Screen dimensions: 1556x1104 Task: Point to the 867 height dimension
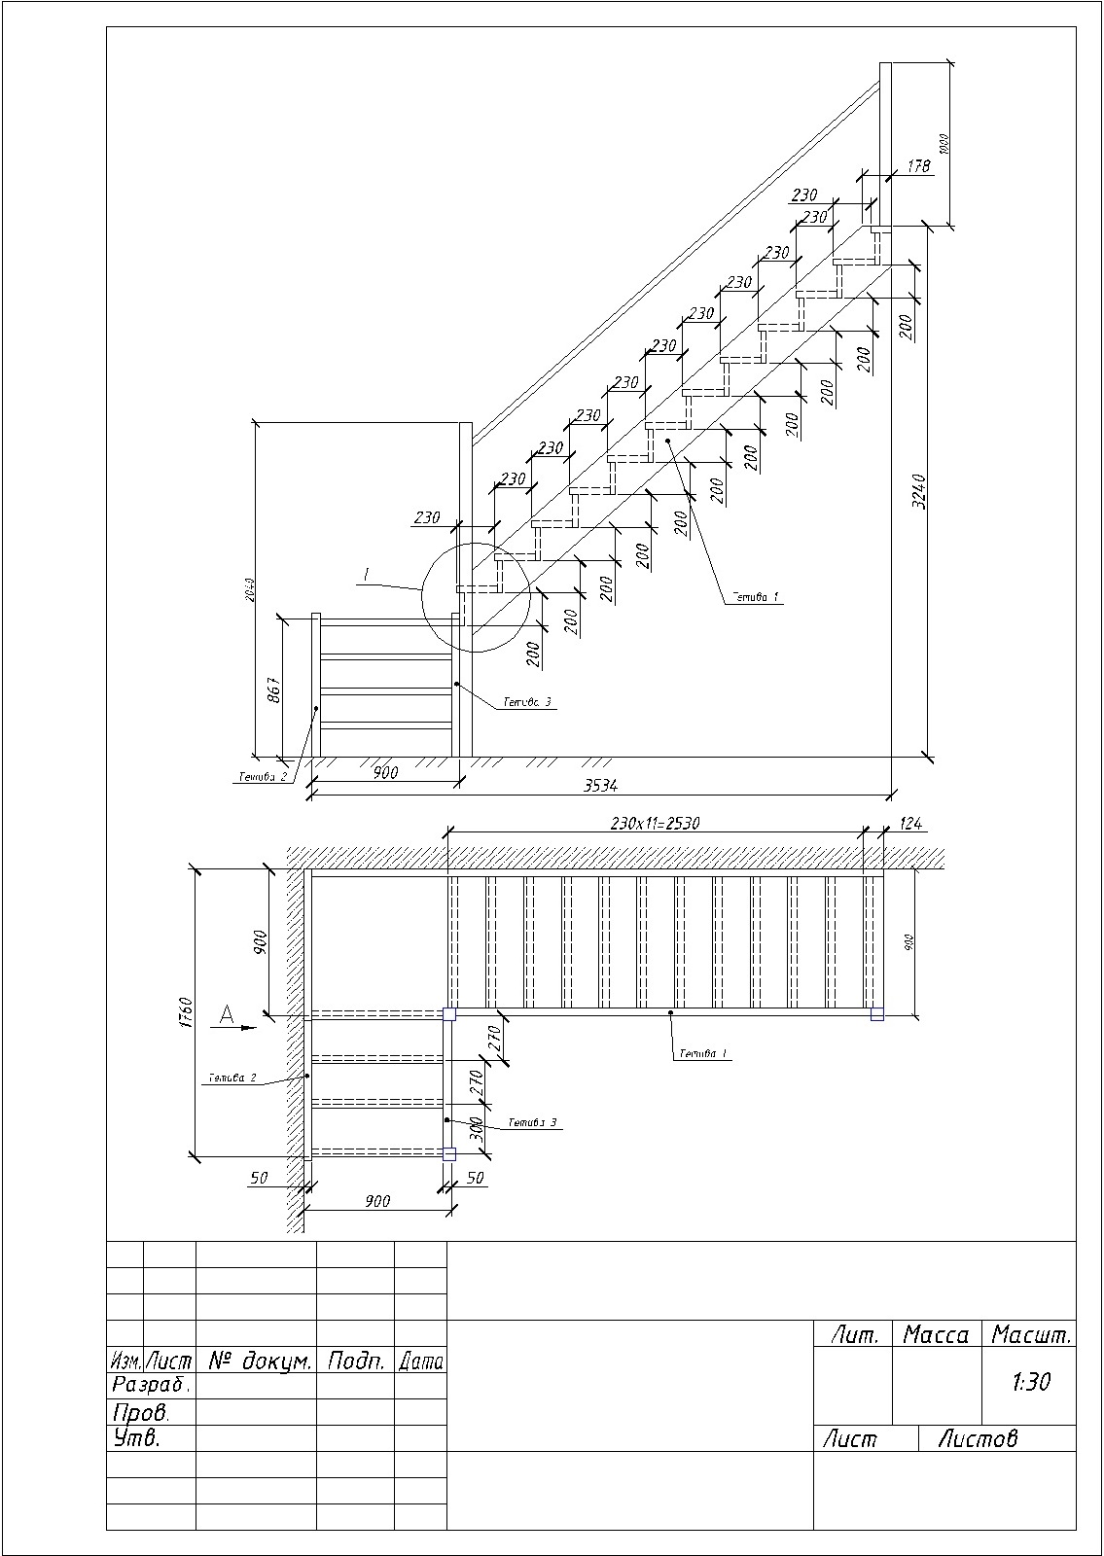click(274, 688)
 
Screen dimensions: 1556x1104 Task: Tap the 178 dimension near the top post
click(918, 166)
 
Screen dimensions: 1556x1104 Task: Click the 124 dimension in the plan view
click(909, 825)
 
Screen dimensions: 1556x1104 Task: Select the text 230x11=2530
click(655, 823)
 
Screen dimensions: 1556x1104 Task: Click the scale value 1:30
click(1030, 1382)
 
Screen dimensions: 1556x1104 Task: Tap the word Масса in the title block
click(936, 1335)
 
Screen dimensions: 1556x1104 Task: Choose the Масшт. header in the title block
click(1030, 1335)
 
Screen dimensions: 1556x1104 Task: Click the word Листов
click(977, 1438)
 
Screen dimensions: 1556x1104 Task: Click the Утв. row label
click(136, 1438)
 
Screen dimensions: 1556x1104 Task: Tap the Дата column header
click(421, 1361)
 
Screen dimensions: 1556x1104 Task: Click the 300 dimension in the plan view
click(476, 1128)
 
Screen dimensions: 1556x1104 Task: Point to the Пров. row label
click(141, 1412)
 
